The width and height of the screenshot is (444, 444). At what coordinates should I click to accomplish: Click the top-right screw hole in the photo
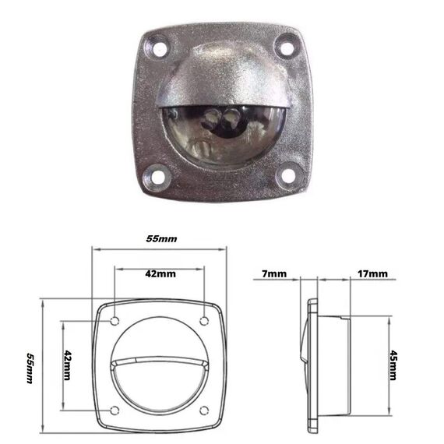(x=287, y=48)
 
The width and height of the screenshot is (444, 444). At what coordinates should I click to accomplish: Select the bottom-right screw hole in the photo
(x=287, y=175)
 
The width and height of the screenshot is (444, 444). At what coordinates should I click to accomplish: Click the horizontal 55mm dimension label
(x=162, y=239)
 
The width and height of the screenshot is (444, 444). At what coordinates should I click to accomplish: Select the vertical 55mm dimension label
(x=30, y=368)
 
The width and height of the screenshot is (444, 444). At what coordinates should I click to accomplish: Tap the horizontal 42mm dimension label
(x=160, y=274)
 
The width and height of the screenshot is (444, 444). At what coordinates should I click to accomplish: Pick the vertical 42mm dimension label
(x=67, y=365)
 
